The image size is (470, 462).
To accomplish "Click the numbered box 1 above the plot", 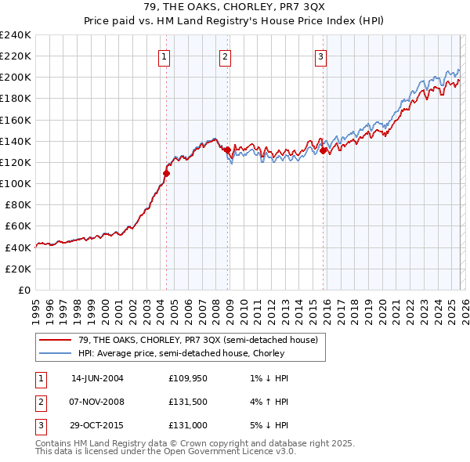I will pos(164,56).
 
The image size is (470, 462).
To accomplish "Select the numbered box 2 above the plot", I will pos(225,56).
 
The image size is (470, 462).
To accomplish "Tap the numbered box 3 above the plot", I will pos(321,56).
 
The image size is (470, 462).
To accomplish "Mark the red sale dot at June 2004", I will pos(166,173).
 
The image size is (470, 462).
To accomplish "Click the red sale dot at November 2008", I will pos(227,150).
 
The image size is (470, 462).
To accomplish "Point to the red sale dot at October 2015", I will pos(324,150).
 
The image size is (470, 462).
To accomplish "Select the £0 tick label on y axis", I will pos(23,290).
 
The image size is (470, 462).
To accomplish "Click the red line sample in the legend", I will pos(56,340).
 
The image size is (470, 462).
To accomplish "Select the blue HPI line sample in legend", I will pos(56,353).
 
